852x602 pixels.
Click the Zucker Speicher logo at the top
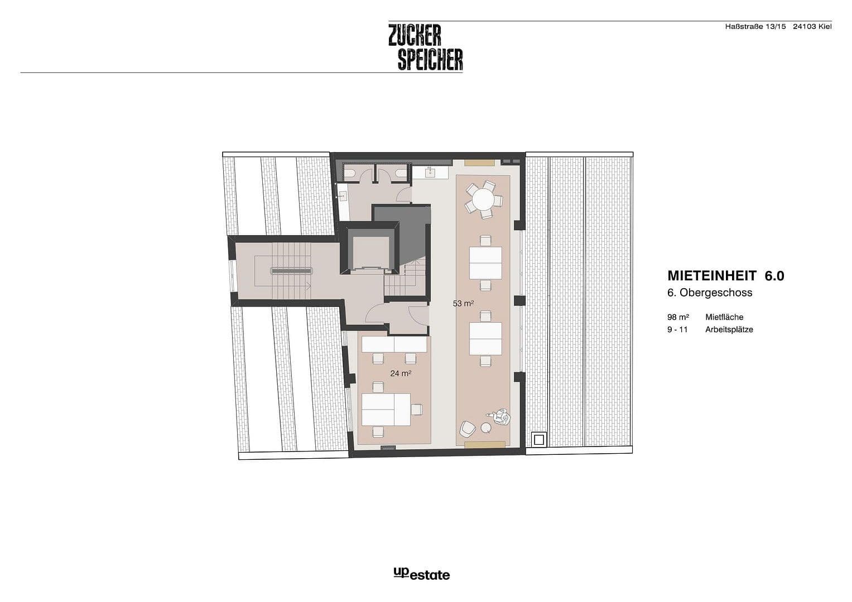[x=426, y=47]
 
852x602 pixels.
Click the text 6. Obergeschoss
[x=710, y=293]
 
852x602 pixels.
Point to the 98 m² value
[x=678, y=317]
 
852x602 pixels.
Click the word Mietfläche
[x=724, y=317]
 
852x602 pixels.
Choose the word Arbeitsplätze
[x=729, y=329]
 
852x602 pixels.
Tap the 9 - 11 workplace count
[x=677, y=329]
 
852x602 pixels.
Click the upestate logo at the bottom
[x=421, y=574]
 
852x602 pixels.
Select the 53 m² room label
[x=463, y=304]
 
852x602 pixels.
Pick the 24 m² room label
[x=401, y=373]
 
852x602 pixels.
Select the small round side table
[x=486, y=428]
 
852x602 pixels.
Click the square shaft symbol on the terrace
[x=538, y=439]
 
